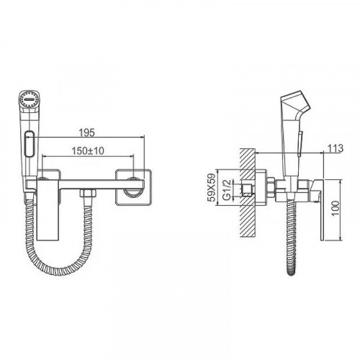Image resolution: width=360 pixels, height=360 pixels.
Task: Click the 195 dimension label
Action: coord(87,132)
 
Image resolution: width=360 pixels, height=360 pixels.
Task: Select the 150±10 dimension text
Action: coord(88,151)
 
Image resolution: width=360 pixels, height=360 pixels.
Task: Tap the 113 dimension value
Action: coord(336,148)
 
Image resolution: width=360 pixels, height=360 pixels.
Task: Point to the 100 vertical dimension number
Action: coord(336,208)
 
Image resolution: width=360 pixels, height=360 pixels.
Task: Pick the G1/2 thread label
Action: coord(227,189)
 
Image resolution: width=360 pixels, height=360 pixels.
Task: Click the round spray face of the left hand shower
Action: coord(30,99)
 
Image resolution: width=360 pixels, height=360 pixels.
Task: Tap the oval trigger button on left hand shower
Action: coord(30,144)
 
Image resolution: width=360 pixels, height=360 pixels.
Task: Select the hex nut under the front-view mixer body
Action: coord(88,193)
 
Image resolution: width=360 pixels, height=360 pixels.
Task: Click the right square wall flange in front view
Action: coord(133,187)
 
